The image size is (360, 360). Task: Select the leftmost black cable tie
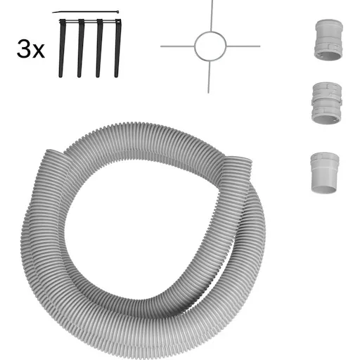pos(62,48)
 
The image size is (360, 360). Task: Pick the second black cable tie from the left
pos(80,48)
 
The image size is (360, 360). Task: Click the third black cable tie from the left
pos(99,48)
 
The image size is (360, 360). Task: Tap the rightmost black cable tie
pos(117,48)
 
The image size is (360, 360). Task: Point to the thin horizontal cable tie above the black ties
pos(86,12)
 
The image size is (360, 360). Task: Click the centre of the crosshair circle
pos(210,46)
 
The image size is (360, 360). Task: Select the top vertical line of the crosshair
pos(212,15)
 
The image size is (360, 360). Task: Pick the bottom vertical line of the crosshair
pos(209,77)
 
